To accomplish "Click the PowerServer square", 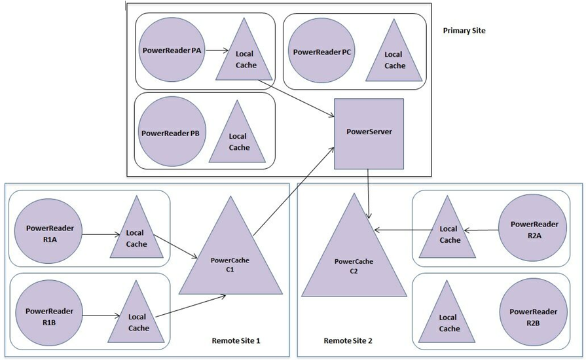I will (369, 134).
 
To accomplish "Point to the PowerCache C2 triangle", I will (354, 262).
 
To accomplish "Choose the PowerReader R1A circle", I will (50, 231).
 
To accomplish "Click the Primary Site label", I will (464, 31).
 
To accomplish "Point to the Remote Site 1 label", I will (236, 341).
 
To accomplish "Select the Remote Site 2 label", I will (348, 341).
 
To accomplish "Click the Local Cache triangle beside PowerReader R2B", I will (449, 316).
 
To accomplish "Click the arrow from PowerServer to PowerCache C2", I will (370, 194).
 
